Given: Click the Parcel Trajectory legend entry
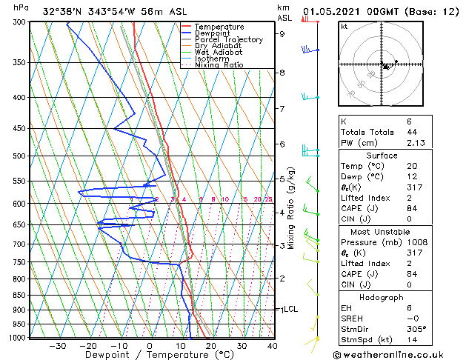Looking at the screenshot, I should (228, 39).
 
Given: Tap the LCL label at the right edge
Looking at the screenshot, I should (290, 309).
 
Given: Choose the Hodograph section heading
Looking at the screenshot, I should (382, 297).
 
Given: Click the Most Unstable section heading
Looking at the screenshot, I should (382, 231).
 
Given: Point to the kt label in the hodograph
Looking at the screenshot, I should (344, 26).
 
